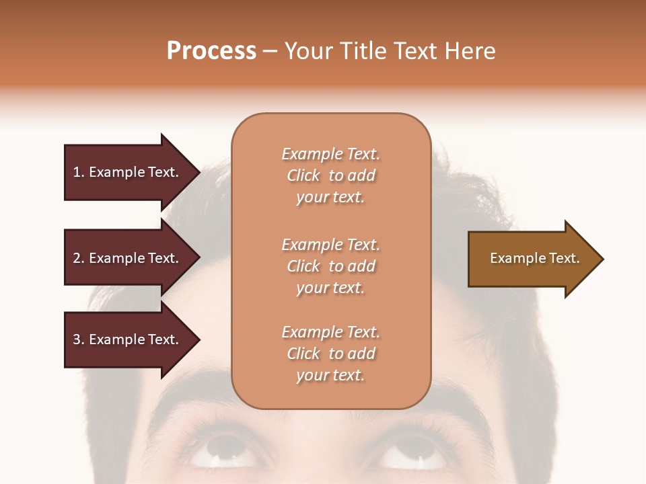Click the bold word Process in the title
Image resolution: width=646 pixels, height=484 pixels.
coord(211,51)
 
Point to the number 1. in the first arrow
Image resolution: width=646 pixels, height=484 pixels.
coord(79,172)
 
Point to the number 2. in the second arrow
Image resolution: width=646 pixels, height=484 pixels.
coord(79,258)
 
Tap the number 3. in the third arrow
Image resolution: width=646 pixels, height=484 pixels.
coord(79,339)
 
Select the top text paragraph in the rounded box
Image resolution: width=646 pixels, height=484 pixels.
coord(330,175)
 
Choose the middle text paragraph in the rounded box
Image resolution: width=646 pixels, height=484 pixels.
coord(330,266)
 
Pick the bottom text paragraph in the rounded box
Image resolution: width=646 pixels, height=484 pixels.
coord(330,354)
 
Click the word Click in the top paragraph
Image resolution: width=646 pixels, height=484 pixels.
coord(303,175)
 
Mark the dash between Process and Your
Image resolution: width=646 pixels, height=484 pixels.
coord(270,52)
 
